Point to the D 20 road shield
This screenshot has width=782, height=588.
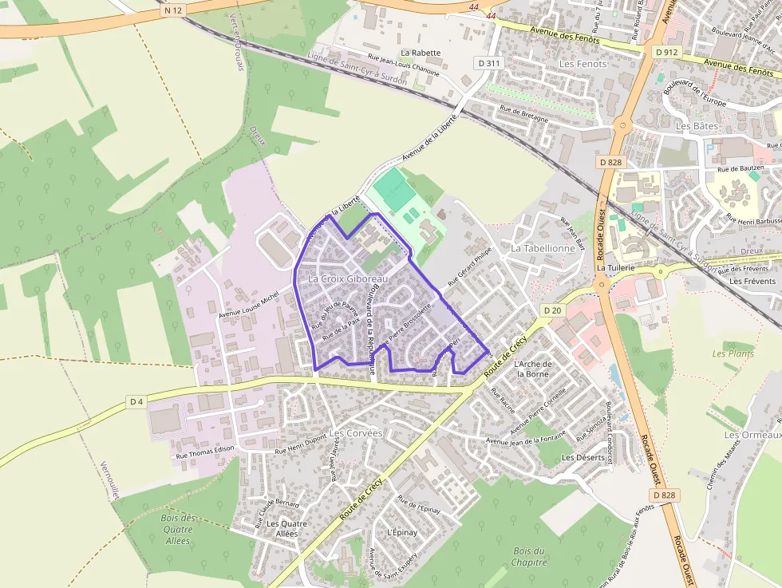click(x=551, y=310)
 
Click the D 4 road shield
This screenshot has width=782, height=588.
click(x=136, y=401)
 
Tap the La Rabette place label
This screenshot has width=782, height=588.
click(x=421, y=53)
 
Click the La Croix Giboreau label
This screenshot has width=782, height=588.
click(x=347, y=279)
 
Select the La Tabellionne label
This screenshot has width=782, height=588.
click(x=543, y=248)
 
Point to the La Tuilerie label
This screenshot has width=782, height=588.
click(x=615, y=267)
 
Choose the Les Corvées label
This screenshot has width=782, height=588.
click(x=356, y=433)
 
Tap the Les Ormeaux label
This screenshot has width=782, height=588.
click(x=752, y=435)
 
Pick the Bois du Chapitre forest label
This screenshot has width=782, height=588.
click(x=529, y=556)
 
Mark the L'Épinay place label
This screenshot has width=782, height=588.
click(x=401, y=532)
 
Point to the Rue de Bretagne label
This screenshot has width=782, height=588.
click(x=523, y=113)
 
